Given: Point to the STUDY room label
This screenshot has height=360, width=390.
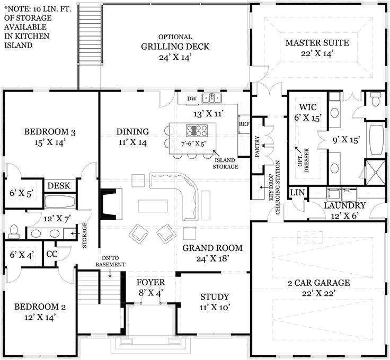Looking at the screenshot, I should (215, 296).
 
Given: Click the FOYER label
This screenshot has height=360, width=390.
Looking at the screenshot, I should (151, 282).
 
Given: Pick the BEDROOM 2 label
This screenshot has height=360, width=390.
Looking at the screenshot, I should (36, 307).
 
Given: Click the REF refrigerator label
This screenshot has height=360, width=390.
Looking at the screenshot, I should (244, 124).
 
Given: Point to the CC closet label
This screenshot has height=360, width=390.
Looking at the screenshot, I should (51, 254).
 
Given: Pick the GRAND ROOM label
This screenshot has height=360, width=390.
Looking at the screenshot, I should (212, 248).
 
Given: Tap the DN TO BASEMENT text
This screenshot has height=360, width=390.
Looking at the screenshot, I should (110, 261).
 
